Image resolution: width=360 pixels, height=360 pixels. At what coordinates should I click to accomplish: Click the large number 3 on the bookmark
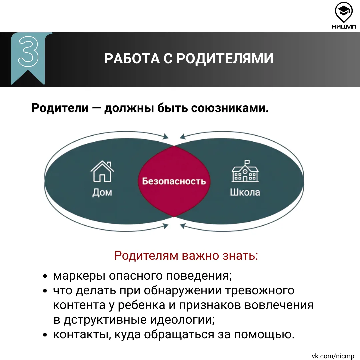pos(28,51)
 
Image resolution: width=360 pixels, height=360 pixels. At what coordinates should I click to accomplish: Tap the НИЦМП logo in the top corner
pos(344,16)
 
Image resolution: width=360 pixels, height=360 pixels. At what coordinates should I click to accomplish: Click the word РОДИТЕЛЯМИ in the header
pos(225,59)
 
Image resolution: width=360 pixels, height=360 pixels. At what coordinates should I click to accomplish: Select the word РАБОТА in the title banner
pos(132,59)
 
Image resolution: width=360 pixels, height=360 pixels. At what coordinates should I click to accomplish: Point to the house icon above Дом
pos(102,171)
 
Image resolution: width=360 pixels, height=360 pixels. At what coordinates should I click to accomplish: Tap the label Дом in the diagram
pos(102,192)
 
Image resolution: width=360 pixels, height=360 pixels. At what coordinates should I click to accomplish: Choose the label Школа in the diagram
pos(245,192)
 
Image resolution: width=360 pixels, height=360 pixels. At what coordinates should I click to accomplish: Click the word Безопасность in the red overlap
pos(174,181)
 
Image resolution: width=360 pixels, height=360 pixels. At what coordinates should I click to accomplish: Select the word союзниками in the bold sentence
pos(230,108)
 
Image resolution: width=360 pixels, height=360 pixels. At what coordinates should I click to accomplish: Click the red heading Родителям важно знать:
pos(186,256)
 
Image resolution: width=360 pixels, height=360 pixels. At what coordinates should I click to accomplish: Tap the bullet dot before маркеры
pos(45,276)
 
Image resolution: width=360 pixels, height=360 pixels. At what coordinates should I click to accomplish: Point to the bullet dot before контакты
pos(45,335)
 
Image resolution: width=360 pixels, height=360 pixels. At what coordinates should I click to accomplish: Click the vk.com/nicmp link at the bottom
pos(333,356)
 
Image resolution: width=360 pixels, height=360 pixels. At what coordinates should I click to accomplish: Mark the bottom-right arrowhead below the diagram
pos(183,226)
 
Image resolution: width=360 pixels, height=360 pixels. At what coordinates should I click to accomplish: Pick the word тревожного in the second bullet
pos(260,291)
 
